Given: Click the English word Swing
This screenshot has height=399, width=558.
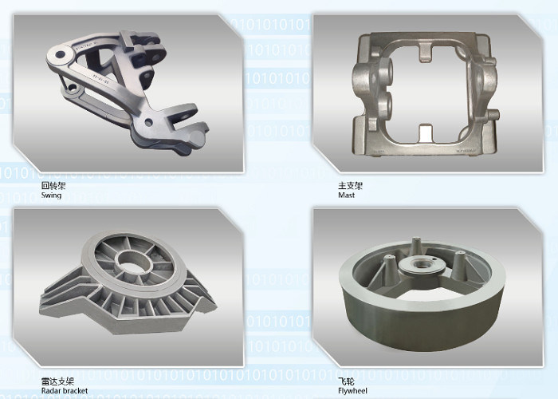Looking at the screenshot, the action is [x=51, y=196].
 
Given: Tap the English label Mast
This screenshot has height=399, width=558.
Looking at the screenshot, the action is [x=346, y=196].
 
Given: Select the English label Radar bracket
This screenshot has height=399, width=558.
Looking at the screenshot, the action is [x=65, y=391].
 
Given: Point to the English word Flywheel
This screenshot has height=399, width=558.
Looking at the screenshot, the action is [x=352, y=391].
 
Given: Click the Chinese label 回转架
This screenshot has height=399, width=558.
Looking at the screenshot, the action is [x=53, y=185].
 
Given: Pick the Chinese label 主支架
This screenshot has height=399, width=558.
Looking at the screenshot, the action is [x=350, y=185].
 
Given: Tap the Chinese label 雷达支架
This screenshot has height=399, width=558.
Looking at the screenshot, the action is [x=57, y=381].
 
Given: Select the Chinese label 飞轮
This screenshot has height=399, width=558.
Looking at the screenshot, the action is [x=346, y=381].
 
